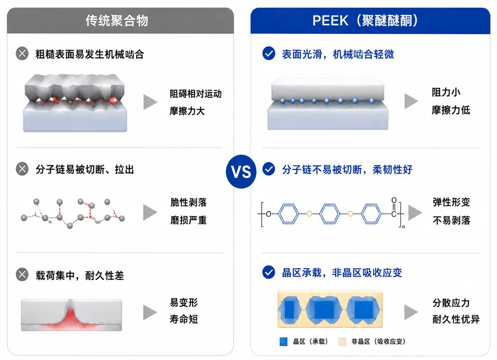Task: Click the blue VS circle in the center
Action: click(241, 171)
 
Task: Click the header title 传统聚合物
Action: click(117, 20)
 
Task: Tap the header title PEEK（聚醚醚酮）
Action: click(365, 20)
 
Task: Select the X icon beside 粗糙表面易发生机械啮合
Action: click(22, 53)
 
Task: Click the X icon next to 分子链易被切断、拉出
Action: click(22, 169)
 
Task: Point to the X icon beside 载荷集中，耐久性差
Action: click(22, 274)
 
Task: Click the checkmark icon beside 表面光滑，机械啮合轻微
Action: click(269, 53)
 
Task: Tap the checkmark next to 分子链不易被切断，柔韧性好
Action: click(269, 169)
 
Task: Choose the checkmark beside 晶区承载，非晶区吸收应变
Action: click(269, 272)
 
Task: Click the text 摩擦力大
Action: click(187, 111)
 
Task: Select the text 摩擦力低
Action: click(451, 110)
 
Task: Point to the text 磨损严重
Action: click(189, 220)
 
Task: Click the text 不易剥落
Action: click(451, 220)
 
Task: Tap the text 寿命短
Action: click(184, 319)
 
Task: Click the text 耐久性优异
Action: click(456, 319)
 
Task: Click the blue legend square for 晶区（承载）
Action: click(283, 342)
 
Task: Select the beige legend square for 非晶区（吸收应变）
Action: click(342, 342)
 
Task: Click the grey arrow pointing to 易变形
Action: click(149, 312)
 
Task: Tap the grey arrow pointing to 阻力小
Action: click(411, 101)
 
